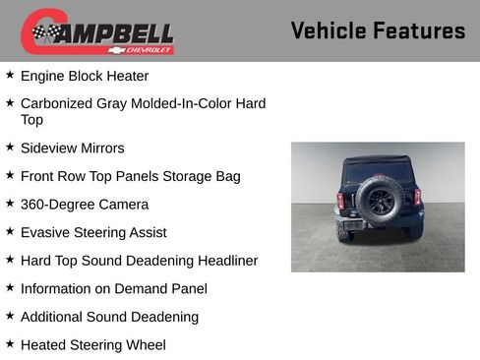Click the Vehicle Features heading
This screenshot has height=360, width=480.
[378, 30]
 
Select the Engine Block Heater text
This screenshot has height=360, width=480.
[85, 76]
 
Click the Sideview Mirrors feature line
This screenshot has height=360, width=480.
[73, 149]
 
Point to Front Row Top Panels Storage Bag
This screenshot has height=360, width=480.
[130, 176]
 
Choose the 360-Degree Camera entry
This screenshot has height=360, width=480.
[85, 205]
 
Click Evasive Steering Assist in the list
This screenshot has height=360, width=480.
[93, 233]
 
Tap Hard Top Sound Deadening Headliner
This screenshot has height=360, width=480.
[139, 261]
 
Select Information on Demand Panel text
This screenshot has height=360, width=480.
[114, 289]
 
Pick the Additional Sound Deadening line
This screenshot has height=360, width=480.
[109, 317]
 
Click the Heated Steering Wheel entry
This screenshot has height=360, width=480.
[93, 345]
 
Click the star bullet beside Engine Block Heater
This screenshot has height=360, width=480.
[10, 75]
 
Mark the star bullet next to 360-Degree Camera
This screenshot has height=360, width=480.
[10, 204]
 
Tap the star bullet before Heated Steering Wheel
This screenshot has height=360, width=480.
[10, 344]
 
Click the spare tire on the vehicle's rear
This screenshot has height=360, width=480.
[379, 200]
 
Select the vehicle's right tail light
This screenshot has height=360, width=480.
[417, 197]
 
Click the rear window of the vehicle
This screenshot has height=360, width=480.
[378, 168]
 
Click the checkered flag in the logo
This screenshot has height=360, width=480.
[43, 32]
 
